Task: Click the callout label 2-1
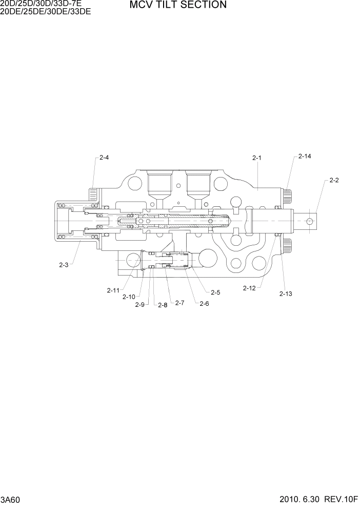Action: (257, 158)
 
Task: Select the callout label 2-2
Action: (334, 180)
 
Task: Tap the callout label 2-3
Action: (64, 265)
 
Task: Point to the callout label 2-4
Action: (104, 158)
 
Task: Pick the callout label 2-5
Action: (215, 292)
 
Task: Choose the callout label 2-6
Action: (204, 303)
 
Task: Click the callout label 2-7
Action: (179, 303)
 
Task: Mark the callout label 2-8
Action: (163, 305)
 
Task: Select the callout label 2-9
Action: (139, 305)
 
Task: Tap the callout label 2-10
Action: (129, 297)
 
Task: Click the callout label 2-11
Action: (113, 290)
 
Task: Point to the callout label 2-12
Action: (249, 288)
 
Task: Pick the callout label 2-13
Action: (286, 293)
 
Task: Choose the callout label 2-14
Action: (305, 156)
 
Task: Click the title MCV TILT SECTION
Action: (178, 5)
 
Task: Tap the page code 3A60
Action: (11, 500)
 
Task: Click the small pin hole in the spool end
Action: (309, 221)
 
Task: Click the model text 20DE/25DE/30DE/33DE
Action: (46, 11)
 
